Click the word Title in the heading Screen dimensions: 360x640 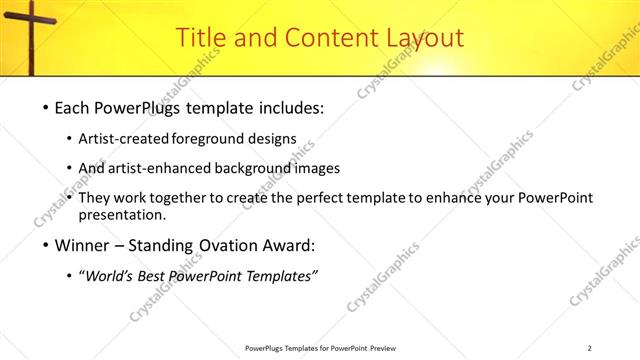pyautogui.click(x=200, y=38)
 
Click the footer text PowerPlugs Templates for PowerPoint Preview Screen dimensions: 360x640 pyautogui.click(x=320, y=348)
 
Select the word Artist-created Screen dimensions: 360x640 pyautogui.click(x=138, y=140)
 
